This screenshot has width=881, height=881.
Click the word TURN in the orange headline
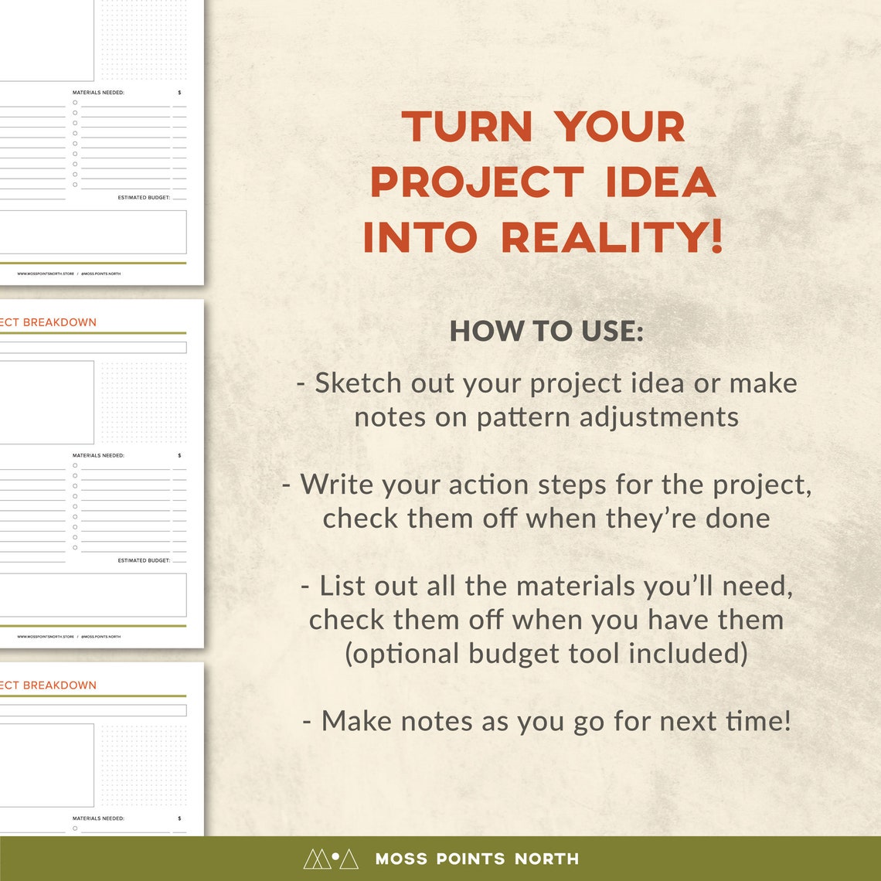pos(467,127)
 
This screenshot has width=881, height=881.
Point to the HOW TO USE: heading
pos(546,331)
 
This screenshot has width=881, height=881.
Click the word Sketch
pos(358,383)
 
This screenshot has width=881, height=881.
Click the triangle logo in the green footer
pos(330,859)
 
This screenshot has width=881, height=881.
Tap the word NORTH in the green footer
pos(546,859)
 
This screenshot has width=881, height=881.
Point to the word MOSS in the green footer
pos(398,859)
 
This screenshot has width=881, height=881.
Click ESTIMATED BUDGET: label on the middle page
pos(144,560)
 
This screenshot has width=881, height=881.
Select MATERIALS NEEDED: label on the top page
pos(98,93)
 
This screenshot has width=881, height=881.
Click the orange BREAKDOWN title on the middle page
pos(60,322)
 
